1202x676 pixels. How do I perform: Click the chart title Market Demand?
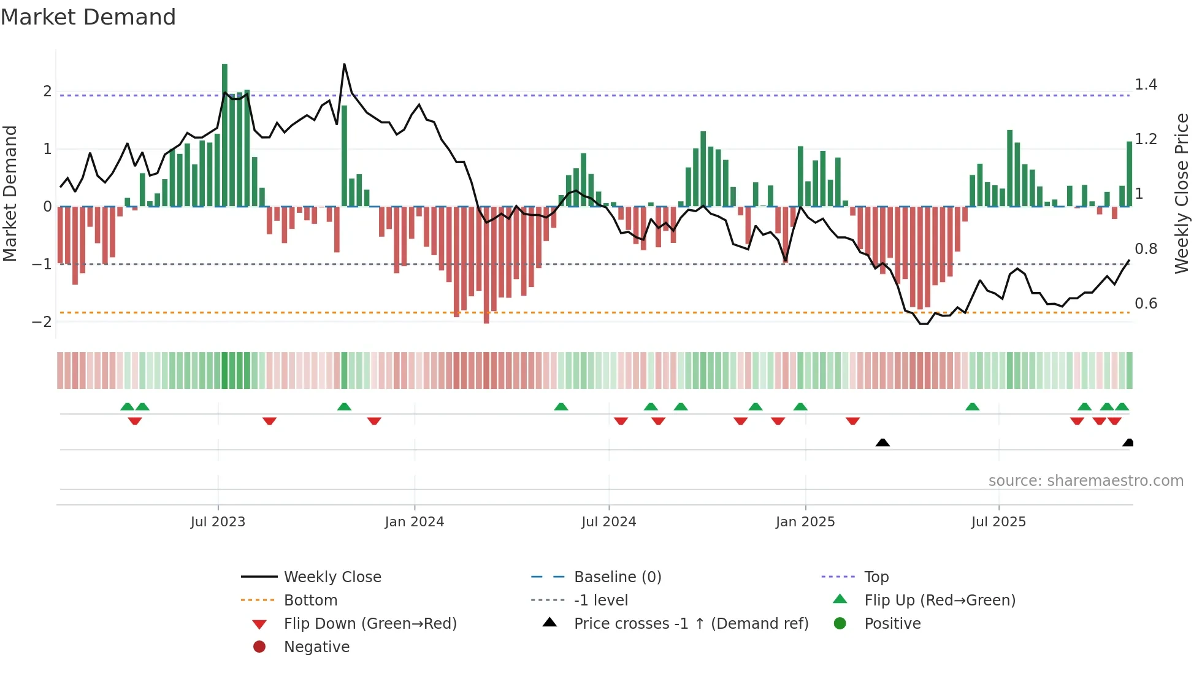tap(88, 17)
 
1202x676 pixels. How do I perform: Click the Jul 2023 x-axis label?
tap(218, 522)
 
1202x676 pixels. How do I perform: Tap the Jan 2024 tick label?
tap(415, 522)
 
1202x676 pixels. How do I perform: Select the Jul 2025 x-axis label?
tap(998, 522)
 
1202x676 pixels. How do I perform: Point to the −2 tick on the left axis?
tap(42, 322)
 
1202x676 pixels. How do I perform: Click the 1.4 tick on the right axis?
tap(1146, 85)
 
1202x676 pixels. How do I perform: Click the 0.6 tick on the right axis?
tap(1146, 304)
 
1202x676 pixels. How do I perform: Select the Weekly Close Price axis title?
tap(1181, 193)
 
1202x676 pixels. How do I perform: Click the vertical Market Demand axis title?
tap(10, 193)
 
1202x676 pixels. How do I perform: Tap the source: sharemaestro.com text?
tap(1085, 481)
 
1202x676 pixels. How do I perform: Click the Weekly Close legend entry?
tap(332, 577)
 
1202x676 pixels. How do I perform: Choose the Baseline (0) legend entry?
tap(617, 577)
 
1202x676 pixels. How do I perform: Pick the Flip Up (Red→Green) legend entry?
tap(940, 601)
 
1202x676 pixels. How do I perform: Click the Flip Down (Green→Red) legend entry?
tap(370, 624)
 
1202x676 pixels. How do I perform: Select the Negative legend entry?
tap(316, 647)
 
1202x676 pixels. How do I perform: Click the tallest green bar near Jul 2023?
tap(224, 135)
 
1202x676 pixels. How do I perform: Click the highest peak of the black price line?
tap(344, 64)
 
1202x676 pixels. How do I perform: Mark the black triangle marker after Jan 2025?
tap(882, 442)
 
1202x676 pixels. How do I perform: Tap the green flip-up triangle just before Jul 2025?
tap(972, 407)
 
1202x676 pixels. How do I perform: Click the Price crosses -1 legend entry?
tap(691, 624)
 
